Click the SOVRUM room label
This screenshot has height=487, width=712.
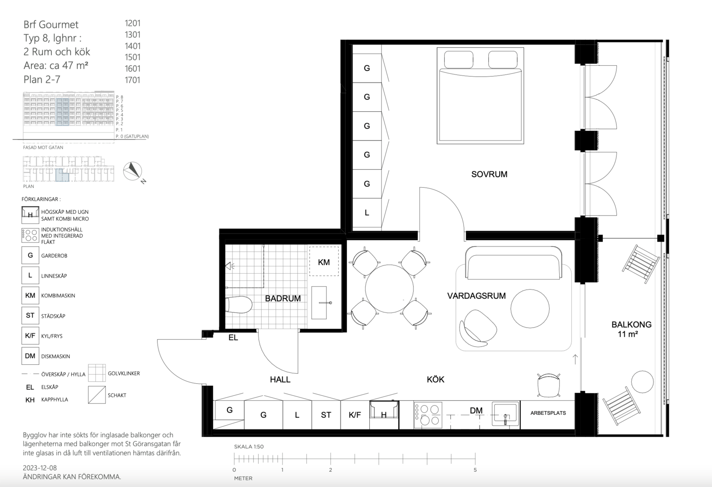(489, 174)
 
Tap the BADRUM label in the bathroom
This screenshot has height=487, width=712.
(283, 299)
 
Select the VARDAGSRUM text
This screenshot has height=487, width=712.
(476, 296)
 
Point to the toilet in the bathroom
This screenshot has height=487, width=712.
(239, 305)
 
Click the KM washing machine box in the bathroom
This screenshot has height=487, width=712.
(324, 261)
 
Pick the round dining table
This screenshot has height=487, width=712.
(389, 289)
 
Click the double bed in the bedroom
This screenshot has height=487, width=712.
(480, 96)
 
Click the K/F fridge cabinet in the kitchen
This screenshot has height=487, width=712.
(355, 414)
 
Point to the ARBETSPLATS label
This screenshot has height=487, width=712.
(548, 413)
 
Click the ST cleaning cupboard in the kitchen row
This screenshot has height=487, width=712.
(326, 414)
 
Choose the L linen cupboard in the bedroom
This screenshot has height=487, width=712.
(367, 213)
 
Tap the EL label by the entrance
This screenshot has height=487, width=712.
(233, 338)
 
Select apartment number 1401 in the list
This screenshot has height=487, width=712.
(133, 46)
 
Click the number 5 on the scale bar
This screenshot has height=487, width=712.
(475, 470)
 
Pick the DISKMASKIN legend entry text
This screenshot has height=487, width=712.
(55, 356)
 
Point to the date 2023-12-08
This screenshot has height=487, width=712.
(40, 468)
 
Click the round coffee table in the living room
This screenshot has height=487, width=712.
(530, 308)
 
